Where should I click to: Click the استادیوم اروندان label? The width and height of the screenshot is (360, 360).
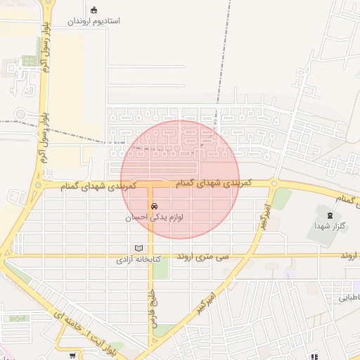click(x=94, y=21)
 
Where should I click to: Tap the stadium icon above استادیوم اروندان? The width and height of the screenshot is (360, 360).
click(x=94, y=10)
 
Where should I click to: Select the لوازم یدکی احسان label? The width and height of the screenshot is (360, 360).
click(x=154, y=218)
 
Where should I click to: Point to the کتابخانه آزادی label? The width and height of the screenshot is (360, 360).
click(x=139, y=259)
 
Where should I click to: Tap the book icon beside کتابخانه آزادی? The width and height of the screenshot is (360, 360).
click(x=139, y=247)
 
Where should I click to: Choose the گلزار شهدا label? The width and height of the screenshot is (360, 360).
click(x=327, y=226)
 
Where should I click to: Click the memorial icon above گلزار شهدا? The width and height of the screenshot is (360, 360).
click(x=328, y=214)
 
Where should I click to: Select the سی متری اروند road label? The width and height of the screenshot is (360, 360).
click(x=205, y=258)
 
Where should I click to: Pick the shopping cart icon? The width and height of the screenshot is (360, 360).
click(x=73, y=356)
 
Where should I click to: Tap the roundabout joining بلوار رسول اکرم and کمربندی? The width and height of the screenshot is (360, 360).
click(x=38, y=186)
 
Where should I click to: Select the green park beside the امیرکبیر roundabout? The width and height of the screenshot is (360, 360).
click(x=282, y=198)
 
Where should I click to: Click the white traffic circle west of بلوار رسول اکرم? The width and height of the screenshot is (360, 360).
click(x=20, y=114)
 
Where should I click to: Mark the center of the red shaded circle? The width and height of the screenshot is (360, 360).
click(x=180, y=180)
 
